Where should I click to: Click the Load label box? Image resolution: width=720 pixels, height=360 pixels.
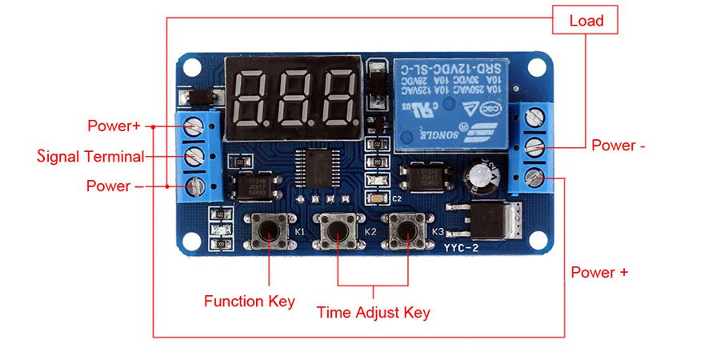pyautogui.click(x=586, y=20)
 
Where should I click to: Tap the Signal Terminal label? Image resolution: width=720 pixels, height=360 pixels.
pyautogui.click(x=91, y=157)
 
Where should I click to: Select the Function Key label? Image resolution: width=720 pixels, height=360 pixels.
pyautogui.click(x=249, y=302)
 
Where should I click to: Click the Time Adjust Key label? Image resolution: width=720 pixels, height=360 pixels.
pyautogui.click(x=374, y=312)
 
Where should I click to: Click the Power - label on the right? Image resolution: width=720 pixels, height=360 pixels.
pyautogui.click(x=618, y=146)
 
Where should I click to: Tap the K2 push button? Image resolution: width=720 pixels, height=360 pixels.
pyautogui.click(x=338, y=231)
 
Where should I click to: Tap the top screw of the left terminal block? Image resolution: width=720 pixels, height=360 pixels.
pyautogui.click(x=194, y=126)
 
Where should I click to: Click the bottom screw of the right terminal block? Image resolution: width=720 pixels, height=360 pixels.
pyautogui.click(x=535, y=177)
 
